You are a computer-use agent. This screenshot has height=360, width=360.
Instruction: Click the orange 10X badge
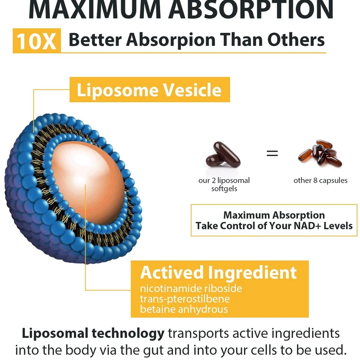point(36,40)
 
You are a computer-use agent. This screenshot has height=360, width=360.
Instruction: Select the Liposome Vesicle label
point(149,90)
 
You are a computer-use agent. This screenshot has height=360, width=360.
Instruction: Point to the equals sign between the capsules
point(272,153)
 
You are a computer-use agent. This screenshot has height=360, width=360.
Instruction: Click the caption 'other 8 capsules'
point(320,180)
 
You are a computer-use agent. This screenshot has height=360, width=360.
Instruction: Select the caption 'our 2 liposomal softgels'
point(224,184)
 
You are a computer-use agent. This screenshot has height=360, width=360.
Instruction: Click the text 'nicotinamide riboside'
point(191,288)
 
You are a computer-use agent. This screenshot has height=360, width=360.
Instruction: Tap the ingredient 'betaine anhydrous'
point(184,309)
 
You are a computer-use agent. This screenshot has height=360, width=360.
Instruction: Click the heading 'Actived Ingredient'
point(218,273)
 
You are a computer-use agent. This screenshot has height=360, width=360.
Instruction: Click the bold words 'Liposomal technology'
point(93,333)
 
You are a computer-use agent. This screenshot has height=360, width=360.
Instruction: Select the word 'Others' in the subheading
point(296,40)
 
